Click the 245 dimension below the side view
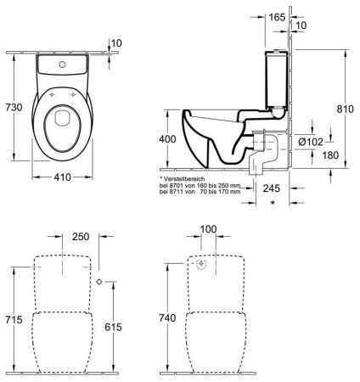[272, 190]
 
